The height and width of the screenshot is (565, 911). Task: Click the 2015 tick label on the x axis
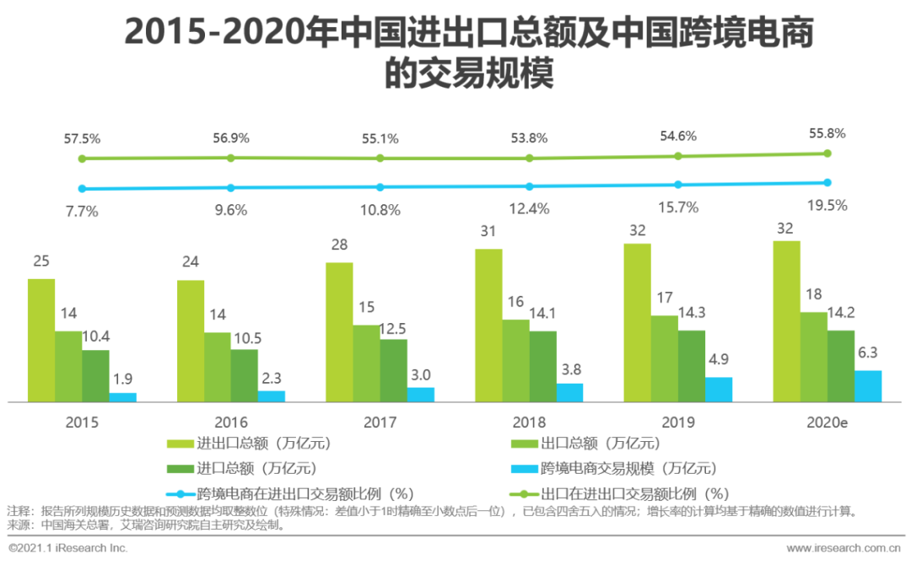82,422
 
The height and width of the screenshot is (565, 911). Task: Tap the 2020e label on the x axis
827,422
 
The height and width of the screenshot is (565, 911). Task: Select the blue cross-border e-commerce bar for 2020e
868,386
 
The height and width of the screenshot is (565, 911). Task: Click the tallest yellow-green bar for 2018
488,326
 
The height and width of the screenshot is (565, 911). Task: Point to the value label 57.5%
82,138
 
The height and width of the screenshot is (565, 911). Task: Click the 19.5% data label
827,205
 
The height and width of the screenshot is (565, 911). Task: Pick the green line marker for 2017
380,158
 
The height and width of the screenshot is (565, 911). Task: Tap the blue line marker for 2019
678,185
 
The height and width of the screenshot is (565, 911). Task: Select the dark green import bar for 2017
394,370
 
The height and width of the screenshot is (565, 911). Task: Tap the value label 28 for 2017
339,245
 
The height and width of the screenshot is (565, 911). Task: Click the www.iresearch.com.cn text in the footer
844,548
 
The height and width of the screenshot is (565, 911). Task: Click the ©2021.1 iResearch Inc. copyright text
67,548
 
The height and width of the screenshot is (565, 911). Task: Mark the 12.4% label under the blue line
529,208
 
